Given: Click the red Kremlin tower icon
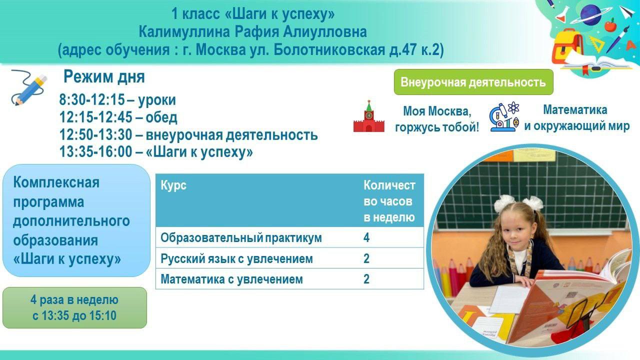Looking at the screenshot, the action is [369, 116].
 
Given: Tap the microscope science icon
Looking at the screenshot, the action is [504, 116].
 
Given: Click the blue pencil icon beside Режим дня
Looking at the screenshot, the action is [29, 87].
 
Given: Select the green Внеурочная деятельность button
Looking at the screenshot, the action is [473, 82].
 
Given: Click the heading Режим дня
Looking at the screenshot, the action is [104, 76].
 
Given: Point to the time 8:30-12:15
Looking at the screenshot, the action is [92, 100].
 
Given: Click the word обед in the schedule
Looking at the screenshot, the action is [161, 117].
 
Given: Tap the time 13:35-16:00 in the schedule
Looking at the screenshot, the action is [95, 151].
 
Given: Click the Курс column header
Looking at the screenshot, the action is [173, 185].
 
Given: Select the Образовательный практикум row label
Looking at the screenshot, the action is [241, 237].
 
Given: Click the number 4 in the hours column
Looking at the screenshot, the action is [366, 237].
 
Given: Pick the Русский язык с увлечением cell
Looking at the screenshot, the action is [236, 258].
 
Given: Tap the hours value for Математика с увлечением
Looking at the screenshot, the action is [366, 279].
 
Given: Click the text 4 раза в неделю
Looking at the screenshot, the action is [74, 299].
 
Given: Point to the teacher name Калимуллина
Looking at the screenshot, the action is [184, 31].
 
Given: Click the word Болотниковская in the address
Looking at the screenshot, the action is [329, 49].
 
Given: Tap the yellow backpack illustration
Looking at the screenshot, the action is [567, 46].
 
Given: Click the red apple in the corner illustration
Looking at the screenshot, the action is [610, 25].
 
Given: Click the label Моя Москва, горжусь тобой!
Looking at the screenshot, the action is [437, 119].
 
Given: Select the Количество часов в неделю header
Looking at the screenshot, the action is [389, 201].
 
